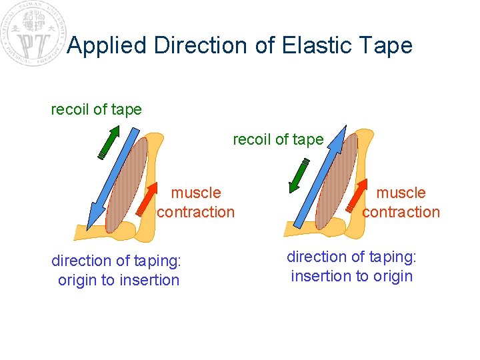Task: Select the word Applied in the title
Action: (x=107, y=45)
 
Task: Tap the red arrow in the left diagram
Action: (x=147, y=199)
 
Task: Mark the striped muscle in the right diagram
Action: (x=337, y=180)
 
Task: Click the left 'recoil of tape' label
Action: (x=97, y=109)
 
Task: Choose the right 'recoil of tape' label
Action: (x=278, y=139)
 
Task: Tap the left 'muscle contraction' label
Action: (x=196, y=203)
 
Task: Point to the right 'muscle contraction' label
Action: (x=401, y=203)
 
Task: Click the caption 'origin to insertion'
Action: (x=119, y=280)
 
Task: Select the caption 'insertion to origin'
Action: (x=352, y=276)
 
